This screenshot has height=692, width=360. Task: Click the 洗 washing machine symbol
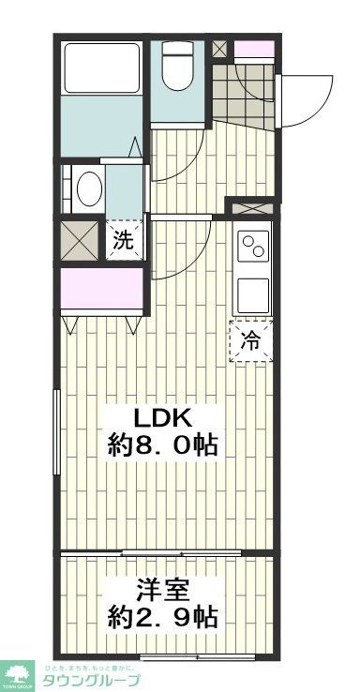[124, 239]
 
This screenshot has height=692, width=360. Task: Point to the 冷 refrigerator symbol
[250, 340]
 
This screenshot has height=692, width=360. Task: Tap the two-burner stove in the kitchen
[253, 248]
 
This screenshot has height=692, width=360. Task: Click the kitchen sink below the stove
[253, 295]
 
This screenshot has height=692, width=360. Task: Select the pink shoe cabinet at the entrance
[250, 48]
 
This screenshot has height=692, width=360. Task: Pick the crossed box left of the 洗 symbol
[79, 240]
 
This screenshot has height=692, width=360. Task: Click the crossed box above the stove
[250, 208]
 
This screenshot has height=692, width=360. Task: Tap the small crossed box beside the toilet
[218, 47]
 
